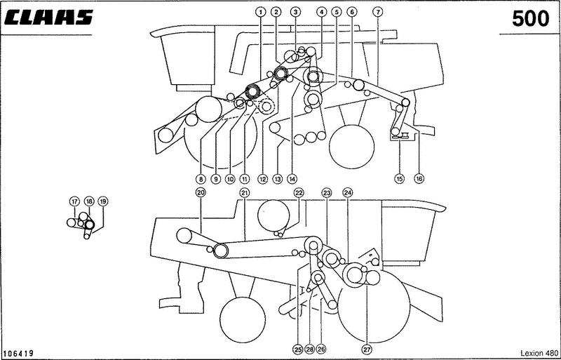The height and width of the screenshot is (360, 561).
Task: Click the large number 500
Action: coord(531,19)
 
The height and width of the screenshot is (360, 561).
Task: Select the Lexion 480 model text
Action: coord(539,353)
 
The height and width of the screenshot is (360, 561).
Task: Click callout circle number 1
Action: coord(261,12)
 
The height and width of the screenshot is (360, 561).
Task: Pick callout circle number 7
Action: coord(378,12)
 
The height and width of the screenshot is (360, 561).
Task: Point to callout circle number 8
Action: coord(201,178)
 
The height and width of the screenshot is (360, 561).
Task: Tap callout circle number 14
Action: coord(292,178)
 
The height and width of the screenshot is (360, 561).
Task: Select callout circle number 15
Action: coord(399,178)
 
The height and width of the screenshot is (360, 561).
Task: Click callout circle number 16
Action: coord(419,178)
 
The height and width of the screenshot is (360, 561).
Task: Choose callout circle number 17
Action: coord(74,201)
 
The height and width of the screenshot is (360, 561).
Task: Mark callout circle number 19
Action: coord(103,201)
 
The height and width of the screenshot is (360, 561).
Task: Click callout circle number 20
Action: coord(201,193)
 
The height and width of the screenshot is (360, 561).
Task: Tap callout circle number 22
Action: coord(299,193)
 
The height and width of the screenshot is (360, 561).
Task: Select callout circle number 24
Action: coord(347,193)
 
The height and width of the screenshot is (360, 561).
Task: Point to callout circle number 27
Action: coord(368,349)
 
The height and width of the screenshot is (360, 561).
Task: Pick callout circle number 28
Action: coord(310,349)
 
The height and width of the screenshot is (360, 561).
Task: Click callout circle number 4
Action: coord(322,12)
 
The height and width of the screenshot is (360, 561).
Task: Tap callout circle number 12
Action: coord(263,178)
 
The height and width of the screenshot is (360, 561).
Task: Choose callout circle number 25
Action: coord(298,349)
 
